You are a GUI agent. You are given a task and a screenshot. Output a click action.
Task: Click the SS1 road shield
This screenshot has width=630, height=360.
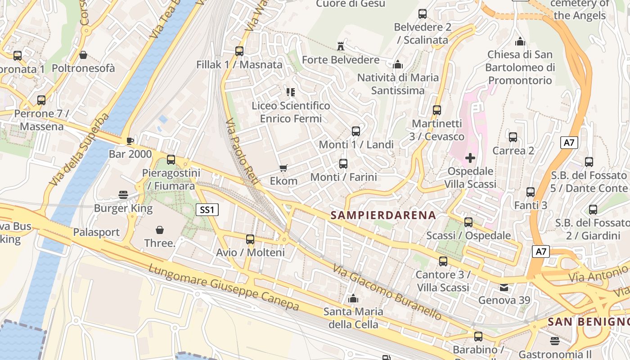207,209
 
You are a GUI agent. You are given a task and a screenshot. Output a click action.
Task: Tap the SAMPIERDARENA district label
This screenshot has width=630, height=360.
383,215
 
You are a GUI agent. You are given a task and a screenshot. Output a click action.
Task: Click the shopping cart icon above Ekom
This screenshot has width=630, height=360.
283,168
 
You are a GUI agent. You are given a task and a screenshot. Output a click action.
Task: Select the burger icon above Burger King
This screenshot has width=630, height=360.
123,195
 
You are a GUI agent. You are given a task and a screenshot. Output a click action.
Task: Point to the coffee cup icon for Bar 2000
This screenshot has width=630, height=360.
130,141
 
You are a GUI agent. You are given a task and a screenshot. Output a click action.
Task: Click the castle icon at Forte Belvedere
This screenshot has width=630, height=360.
341,46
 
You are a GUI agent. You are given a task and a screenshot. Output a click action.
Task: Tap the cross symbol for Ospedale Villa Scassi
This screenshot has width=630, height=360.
470,158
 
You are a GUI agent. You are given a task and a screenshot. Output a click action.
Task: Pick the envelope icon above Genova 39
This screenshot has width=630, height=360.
504,287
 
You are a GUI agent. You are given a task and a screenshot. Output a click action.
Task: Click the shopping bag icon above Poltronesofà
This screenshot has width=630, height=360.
83,55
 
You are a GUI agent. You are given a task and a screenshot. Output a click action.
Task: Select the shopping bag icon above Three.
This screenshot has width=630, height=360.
160,230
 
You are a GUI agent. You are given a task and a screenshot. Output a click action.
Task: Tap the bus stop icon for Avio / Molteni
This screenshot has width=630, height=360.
250,239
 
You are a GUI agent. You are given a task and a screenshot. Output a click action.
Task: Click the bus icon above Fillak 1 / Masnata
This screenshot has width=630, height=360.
239,51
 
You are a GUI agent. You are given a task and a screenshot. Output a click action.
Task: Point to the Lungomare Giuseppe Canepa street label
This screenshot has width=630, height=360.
224,288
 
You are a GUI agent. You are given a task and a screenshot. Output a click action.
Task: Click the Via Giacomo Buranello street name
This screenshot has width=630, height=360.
387,292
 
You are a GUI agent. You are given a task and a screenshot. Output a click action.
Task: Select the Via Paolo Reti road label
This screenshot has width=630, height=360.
242,152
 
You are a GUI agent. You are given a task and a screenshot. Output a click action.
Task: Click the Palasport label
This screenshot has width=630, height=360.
96,232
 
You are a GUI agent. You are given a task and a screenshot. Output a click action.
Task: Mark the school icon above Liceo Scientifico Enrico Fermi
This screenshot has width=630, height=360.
291,92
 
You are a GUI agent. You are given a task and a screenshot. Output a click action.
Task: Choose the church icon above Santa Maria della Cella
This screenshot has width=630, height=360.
353,298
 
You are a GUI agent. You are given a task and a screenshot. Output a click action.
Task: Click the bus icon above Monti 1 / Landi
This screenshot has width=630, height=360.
356,131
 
